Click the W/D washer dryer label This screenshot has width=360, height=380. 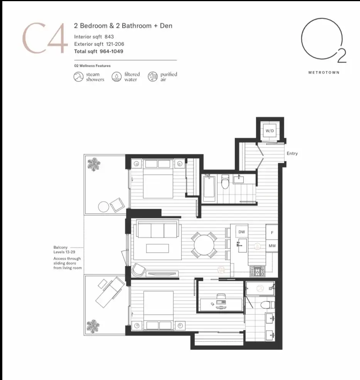pyautogui.click(x=269, y=131)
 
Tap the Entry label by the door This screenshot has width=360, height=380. pyautogui.click(x=292, y=154)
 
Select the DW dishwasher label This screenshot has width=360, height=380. pyautogui.click(x=242, y=232)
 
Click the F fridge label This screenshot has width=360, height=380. pyautogui.click(x=272, y=233)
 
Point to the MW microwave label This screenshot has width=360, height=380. pyautogui.click(x=272, y=246)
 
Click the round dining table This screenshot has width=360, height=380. pyautogui.click(x=204, y=245)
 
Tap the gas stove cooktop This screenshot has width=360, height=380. pyautogui.click(x=257, y=271)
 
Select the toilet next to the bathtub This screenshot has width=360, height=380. pyautogui.click(x=225, y=182)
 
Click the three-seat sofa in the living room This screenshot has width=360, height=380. pyautogui.click(x=157, y=229)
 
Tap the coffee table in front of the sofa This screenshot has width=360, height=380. pyautogui.click(x=157, y=249)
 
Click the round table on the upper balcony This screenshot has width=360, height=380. pyautogui.click(x=104, y=207)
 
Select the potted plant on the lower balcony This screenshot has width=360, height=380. pyautogui.click(x=93, y=326)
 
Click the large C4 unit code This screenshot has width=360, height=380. pyautogui.click(x=45, y=38)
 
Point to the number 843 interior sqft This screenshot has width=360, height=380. pyautogui.click(x=109, y=37)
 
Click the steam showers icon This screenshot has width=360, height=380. pyautogui.click(x=79, y=77)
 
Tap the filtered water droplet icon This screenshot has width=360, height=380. pyautogui.click(x=116, y=77)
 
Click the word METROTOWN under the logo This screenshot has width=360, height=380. pyautogui.click(x=324, y=73)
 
